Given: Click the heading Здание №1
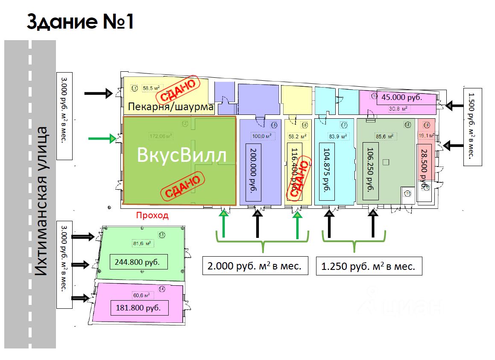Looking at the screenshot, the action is click(x=80, y=22).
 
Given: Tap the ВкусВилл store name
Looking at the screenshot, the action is click(x=182, y=156).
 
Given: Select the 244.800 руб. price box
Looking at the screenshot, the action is click(x=139, y=262).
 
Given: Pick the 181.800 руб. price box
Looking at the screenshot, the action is click(x=139, y=308).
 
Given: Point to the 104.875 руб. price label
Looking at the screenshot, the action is click(x=327, y=170).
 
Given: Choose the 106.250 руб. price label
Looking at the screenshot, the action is click(x=371, y=170).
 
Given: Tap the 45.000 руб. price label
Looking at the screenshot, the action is click(x=401, y=97).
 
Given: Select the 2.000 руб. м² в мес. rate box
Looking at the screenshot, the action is click(x=255, y=266).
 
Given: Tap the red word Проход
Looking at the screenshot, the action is click(x=152, y=216).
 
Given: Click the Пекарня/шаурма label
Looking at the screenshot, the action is click(x=171, y=107).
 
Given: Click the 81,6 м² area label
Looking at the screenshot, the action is click(x=143, y=244).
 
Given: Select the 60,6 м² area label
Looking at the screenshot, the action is click(x=141, y=295).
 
